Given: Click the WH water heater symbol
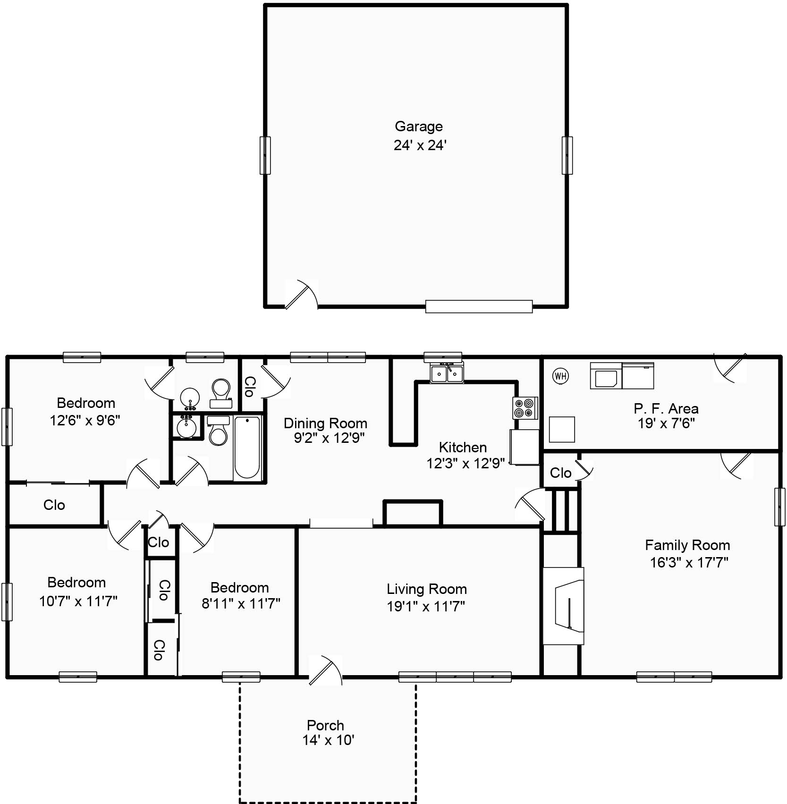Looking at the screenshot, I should tap(560, 376).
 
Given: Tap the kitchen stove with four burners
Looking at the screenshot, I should tap(525, 408).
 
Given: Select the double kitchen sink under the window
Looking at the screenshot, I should tap(447, 373).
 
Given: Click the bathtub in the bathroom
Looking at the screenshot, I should tap(247, 448).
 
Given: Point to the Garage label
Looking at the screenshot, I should tap(418, 127).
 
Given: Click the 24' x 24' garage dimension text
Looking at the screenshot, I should tap(420, 145).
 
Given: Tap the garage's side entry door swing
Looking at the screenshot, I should tap(301, 294).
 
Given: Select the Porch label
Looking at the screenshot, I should tap(325, 725).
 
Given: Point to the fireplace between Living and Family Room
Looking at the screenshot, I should tap(564, 606).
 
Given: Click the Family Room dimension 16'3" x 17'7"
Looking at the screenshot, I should tap(689, 562).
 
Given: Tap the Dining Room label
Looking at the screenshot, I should tap(325, 423).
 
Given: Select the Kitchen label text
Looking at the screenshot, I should tap(463, 447).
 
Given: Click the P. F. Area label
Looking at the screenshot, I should tap(666, 408).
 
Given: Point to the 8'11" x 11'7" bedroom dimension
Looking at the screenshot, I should tap(241, 603).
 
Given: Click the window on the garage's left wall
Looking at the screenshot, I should tap(265, 155).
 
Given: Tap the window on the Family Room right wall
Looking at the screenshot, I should tap(779, 507).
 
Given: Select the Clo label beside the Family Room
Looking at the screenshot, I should tap(560, 473).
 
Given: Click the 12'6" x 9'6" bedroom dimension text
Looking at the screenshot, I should tap(85, 420).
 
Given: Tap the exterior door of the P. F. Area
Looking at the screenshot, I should tap(730, 367).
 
